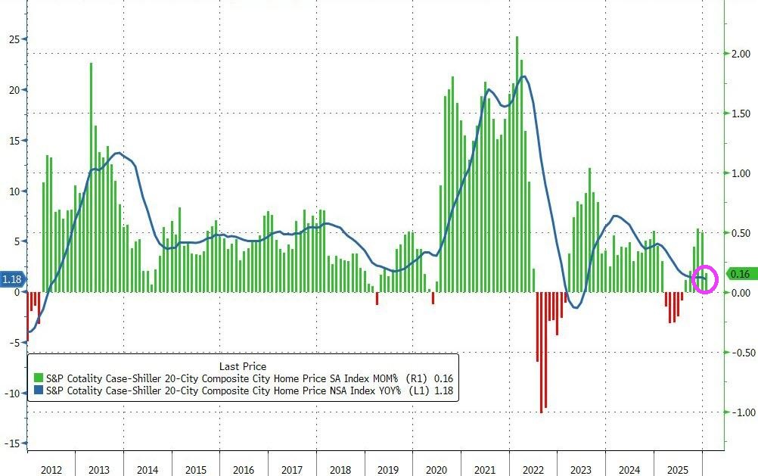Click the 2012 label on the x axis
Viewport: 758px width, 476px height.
point(51,470)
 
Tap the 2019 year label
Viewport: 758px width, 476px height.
point(388,470)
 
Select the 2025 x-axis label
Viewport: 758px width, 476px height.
point(677,470)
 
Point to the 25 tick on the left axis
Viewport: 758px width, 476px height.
point(14,39)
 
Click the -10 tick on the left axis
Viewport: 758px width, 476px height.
point(12,394)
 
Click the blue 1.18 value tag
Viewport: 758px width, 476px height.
point(12,280)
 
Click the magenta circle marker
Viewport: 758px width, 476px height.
point(705,280)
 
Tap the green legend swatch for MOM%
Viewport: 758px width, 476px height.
point(38,378)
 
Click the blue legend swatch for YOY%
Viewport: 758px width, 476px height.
point(38,391)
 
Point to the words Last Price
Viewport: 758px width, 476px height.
point(242,366)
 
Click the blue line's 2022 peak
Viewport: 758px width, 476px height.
point(523,76)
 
